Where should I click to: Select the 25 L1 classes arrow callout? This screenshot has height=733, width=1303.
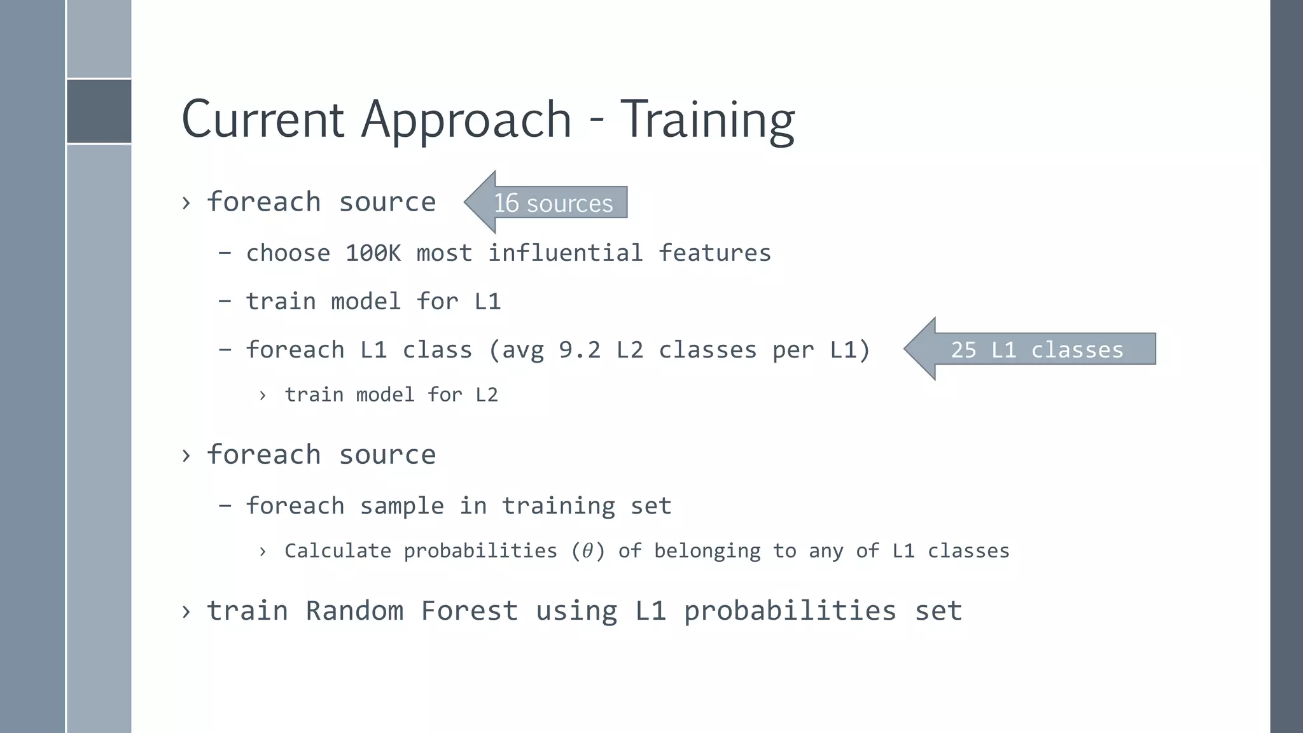[x=1036, y=349]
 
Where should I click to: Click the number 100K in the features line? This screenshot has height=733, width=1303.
[x=373, y=253]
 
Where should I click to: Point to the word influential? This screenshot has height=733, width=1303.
[x=565, y=253]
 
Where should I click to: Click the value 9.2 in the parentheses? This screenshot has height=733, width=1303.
[x=580, y=350]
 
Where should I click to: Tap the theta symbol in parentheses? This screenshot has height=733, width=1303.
[x=588, y=550]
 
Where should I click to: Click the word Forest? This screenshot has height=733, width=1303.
[x=470, y=611]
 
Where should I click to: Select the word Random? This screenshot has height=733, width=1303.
[x=354, y=611]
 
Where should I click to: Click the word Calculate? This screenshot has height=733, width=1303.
[x=337, y=550]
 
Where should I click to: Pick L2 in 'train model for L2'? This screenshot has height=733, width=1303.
[x=487, y=395]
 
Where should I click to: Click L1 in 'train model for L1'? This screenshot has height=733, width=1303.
[x=487, y=302]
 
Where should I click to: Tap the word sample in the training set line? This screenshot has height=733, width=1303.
[x=401, y=506]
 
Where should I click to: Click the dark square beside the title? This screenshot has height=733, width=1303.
[x=99, y=111]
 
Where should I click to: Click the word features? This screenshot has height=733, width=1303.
[x=714, y=253]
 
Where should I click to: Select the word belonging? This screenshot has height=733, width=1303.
[x=707, y=551]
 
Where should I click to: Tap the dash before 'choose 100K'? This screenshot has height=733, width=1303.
[x=225, y=253]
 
